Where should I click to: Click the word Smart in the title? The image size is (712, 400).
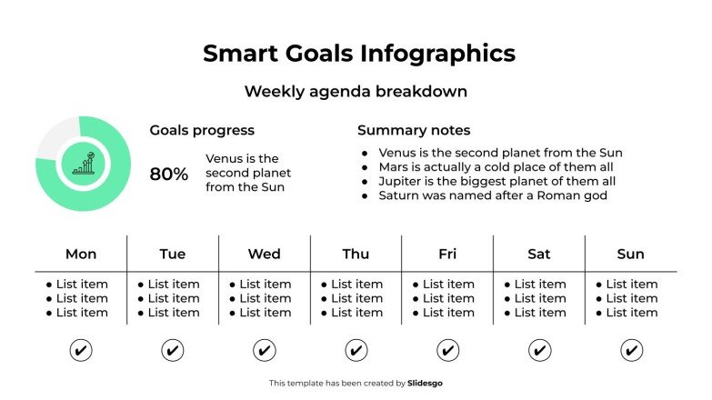click(234, 53)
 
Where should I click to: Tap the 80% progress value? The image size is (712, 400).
click(169, 174)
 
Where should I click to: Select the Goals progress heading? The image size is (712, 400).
click(202, 131)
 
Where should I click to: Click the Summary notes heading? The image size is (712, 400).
click(414, 131)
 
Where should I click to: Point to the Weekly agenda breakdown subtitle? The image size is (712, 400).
click(356, 92)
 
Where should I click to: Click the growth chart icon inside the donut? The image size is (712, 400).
click(84, 164)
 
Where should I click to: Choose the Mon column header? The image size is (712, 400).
click(81, 254)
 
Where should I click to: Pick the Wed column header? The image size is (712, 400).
click(264, 254)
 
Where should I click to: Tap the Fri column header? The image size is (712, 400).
click(447, 254)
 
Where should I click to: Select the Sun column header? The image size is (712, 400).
click(630, 254)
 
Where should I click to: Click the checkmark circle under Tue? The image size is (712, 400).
click(173, 350)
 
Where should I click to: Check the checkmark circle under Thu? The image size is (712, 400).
click(356, 350)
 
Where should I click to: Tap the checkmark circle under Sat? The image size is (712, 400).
click(539, 350)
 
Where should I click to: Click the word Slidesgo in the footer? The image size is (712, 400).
click(426, 384)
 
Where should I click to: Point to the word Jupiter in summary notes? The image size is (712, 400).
click(401, 181)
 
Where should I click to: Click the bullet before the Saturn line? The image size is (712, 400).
click(365, 195)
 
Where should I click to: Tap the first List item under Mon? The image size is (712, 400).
click(82, 285)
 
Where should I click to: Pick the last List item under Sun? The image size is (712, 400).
click(631, 313)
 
